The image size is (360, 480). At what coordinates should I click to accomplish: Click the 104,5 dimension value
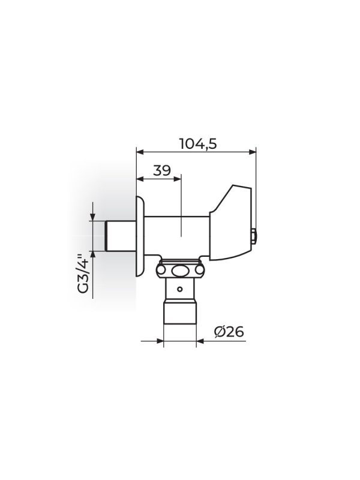pos(198,143)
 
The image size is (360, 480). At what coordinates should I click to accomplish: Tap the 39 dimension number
pos(162,170)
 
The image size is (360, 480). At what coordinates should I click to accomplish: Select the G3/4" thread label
pos(83,274)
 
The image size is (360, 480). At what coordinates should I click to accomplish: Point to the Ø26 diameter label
pos(229,332)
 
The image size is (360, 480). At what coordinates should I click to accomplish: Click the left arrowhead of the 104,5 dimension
pos(140,151)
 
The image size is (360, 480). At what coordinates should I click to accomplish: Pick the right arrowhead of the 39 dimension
pos(178,179)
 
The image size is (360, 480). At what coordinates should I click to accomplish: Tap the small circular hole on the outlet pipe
pos(180,289)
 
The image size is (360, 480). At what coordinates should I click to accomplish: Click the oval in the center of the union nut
pos(179,271)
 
